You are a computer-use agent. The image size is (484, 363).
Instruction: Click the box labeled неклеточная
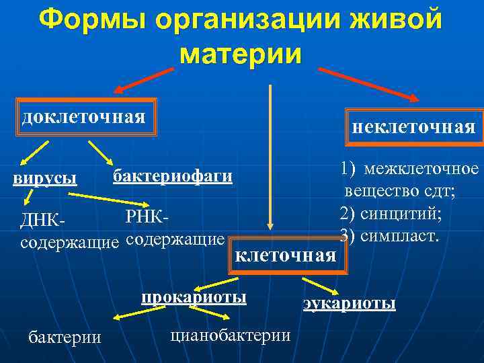(x=413, y=127)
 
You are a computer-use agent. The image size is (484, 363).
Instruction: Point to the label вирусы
(x=45, y=179)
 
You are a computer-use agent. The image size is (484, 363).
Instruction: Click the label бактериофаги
(x=173, y=176)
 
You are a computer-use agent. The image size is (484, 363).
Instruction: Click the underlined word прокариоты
(x=194, y=296)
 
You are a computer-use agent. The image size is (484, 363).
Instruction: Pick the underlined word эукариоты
(x=349, y=303)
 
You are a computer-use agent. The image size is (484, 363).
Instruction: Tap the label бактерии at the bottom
(x=65, y=337)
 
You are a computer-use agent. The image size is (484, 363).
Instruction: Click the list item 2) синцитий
(x=391, y=214)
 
